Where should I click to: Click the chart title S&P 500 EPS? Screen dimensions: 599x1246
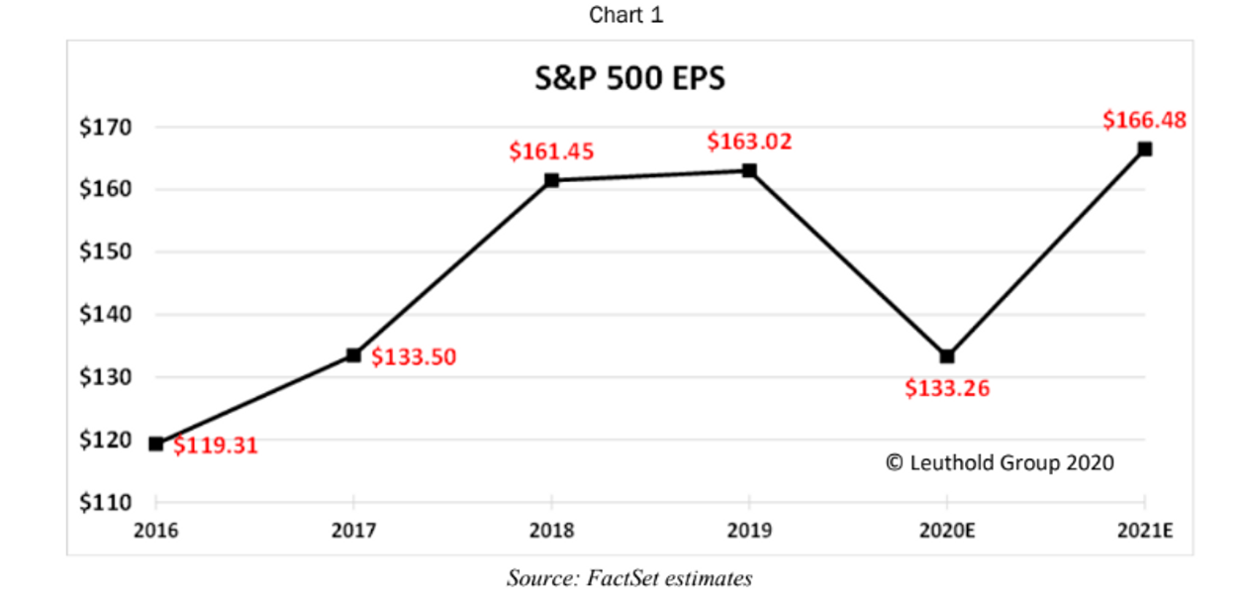(x=629, y=78)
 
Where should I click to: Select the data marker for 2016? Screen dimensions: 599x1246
(x=156, y=444)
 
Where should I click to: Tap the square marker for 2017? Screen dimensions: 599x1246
(x=353, y=354)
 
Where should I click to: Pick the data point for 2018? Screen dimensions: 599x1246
(x=551, y=180)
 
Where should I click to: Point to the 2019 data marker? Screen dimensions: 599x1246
(x=749, y=170)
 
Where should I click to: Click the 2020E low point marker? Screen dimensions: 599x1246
(x=947, y=356)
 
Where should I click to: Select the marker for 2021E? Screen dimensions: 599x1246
(x=1145, y=150)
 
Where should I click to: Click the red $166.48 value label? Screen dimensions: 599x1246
(x=1144, y=121)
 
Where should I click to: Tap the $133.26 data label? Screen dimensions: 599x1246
(x=947, y=389)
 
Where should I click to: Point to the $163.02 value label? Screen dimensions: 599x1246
(x=749, y=142)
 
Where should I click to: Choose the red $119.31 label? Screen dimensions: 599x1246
(x=215, y=446)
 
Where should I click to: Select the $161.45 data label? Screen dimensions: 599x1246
(x=551, y=151)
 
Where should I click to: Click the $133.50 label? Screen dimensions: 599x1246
(x=414, y=357)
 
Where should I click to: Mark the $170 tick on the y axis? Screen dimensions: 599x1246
(x=105, y=127)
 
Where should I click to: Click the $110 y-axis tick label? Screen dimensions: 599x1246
(x=105, y=503)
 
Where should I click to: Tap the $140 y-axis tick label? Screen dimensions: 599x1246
(x=105, y=315)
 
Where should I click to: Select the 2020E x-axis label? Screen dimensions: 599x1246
(x=947, y=531)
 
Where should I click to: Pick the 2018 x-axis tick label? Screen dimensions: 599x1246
(x=551, y=531)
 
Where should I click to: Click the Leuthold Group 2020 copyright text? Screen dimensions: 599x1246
(x=1000, y=462)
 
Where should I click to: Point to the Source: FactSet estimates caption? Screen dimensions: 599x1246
(x=629, y=578)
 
